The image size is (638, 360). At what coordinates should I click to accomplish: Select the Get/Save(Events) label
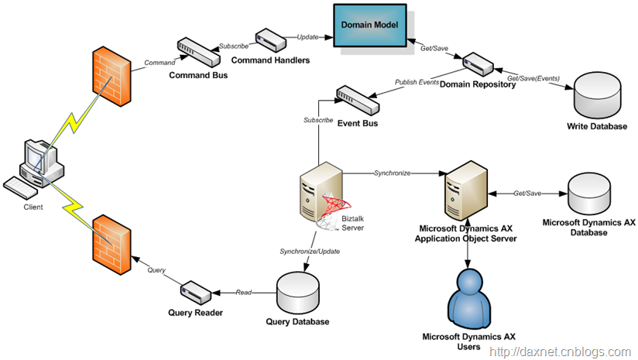pos(533,78)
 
